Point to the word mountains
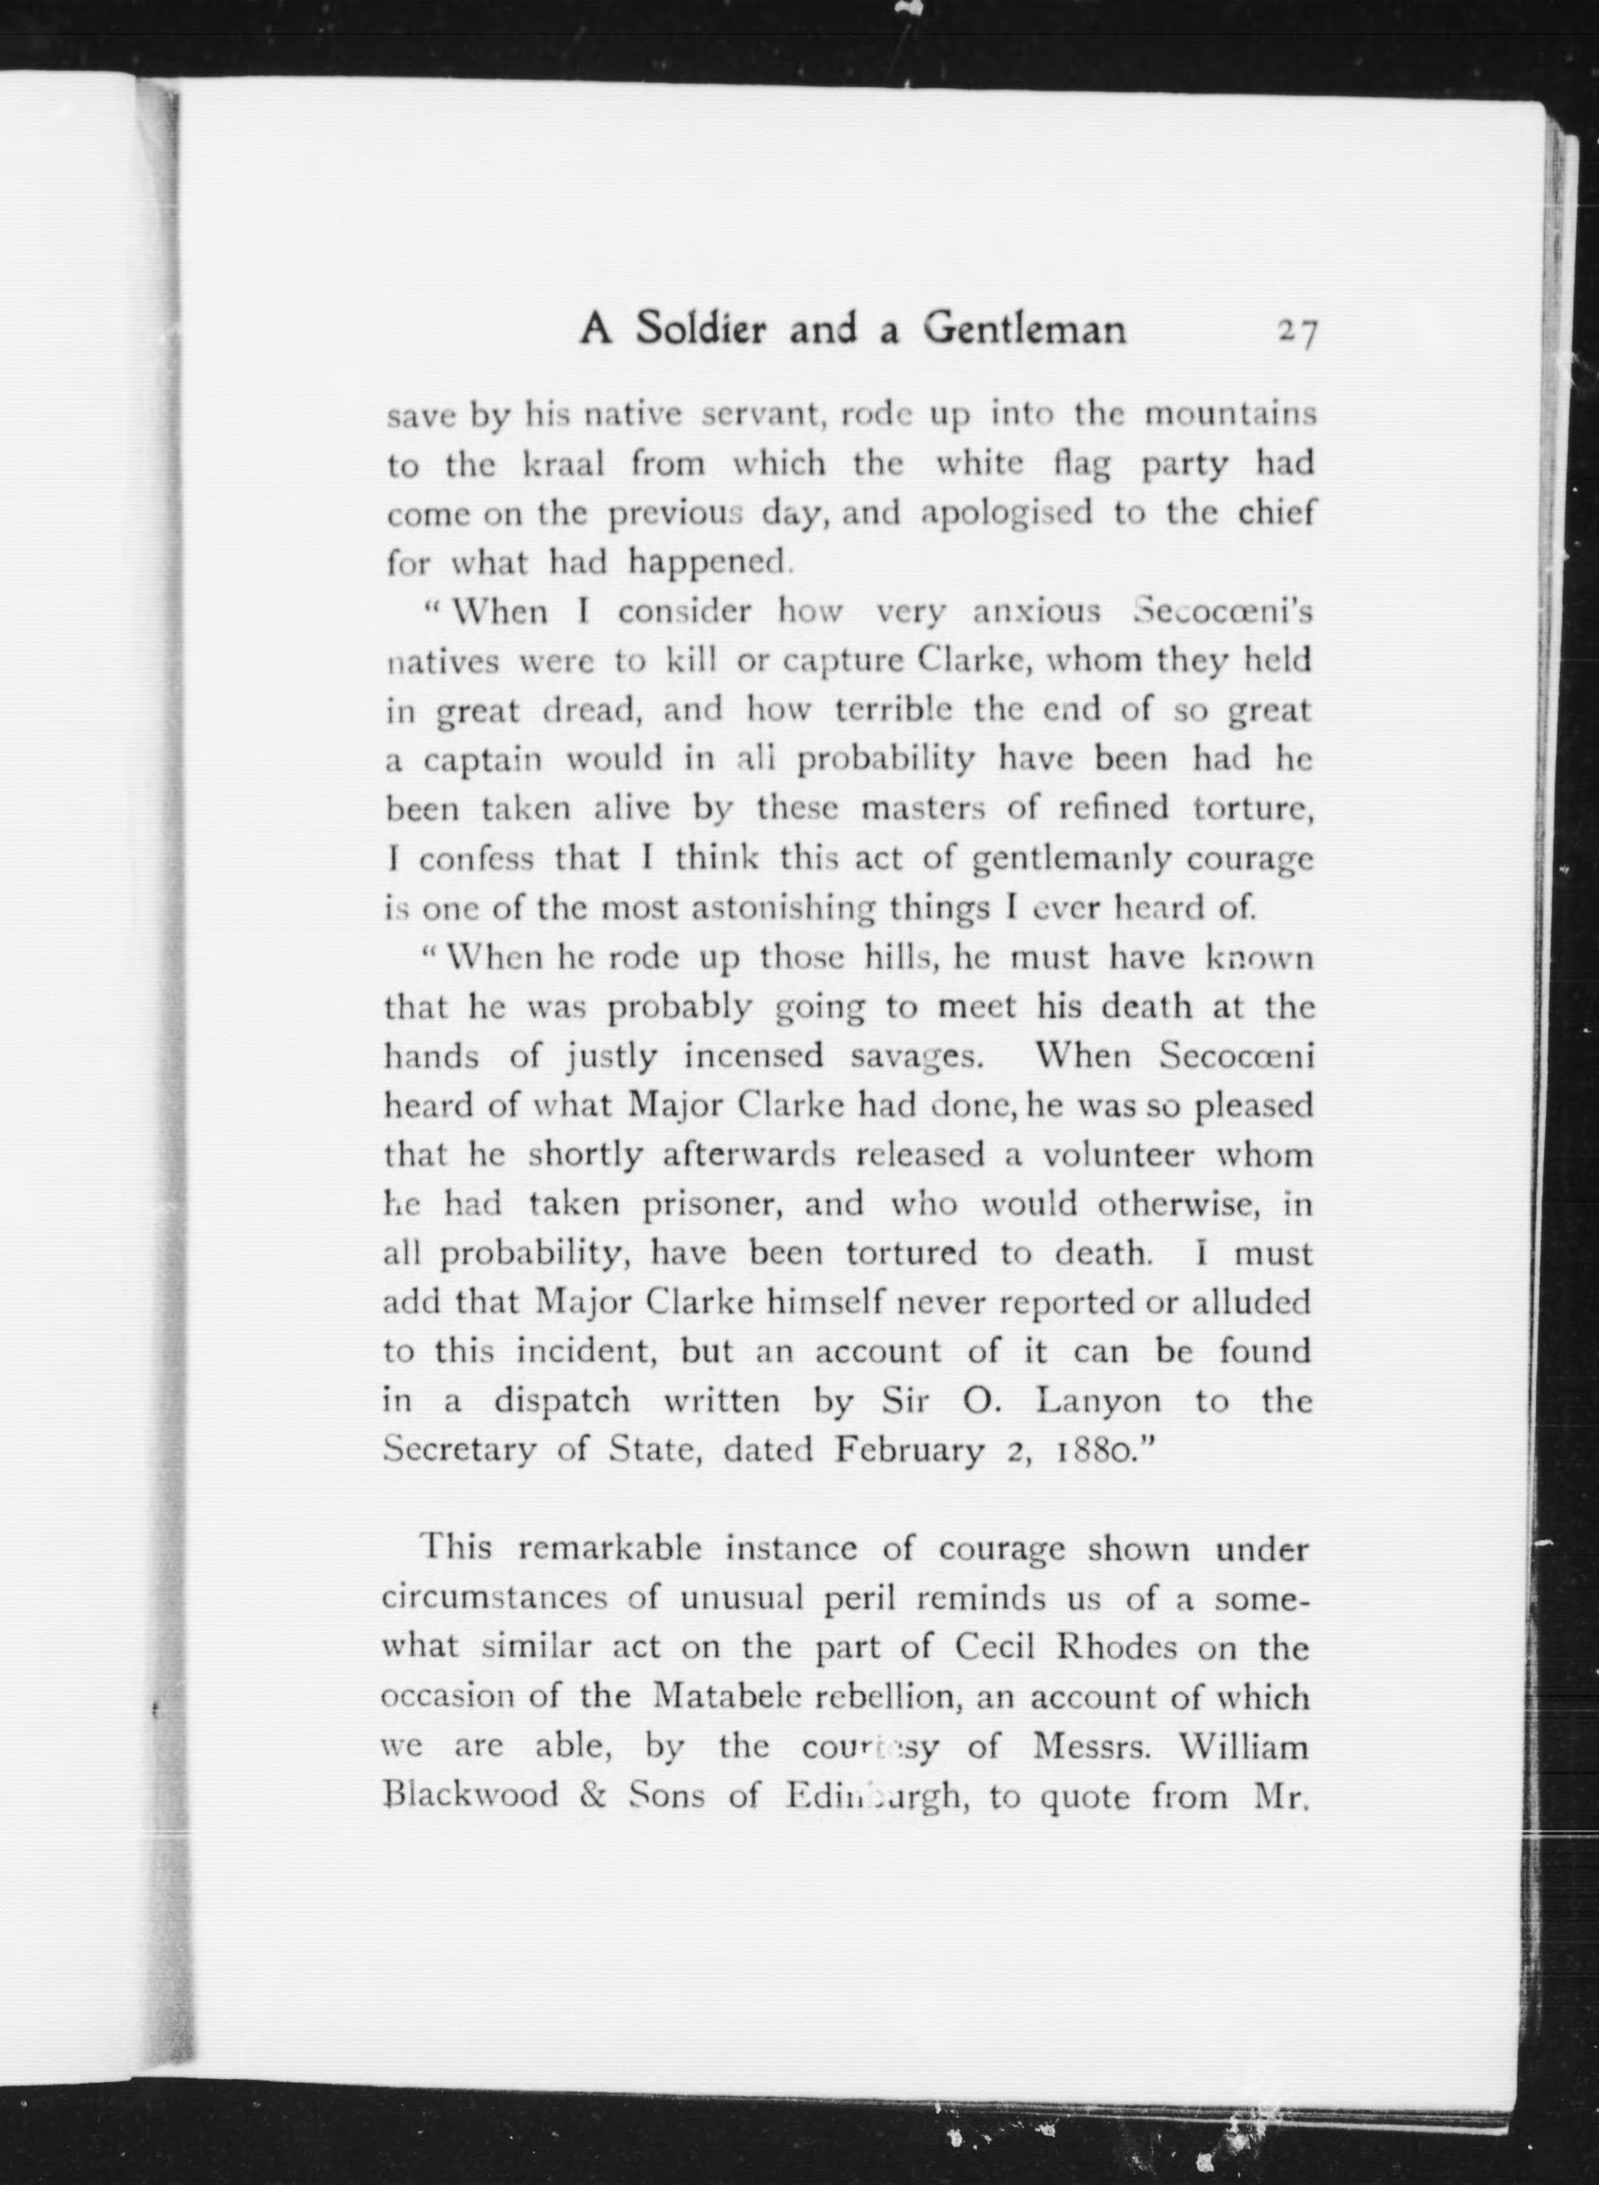point(1230,414)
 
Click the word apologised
point(1005,513)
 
